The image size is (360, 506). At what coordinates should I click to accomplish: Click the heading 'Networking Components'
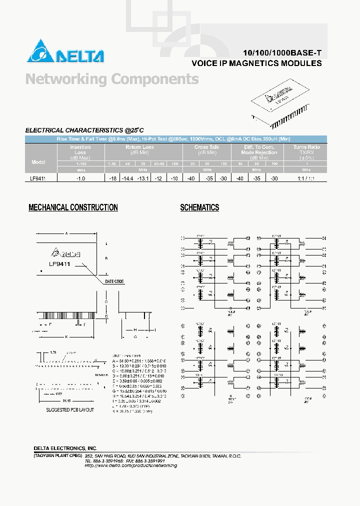tap(111, 79)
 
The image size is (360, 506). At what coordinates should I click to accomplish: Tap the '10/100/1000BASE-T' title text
tap(282, 53)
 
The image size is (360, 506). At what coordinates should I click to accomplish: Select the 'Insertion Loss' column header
tap(80, 149)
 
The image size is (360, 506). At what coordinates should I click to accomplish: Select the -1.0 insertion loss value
tap(80, 177)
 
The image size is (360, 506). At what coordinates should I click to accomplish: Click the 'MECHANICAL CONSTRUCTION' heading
tap(73, 207)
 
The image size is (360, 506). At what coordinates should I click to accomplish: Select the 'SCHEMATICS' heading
tap(199, 207)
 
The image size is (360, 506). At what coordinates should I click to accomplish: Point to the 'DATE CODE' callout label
tap(114, 281)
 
